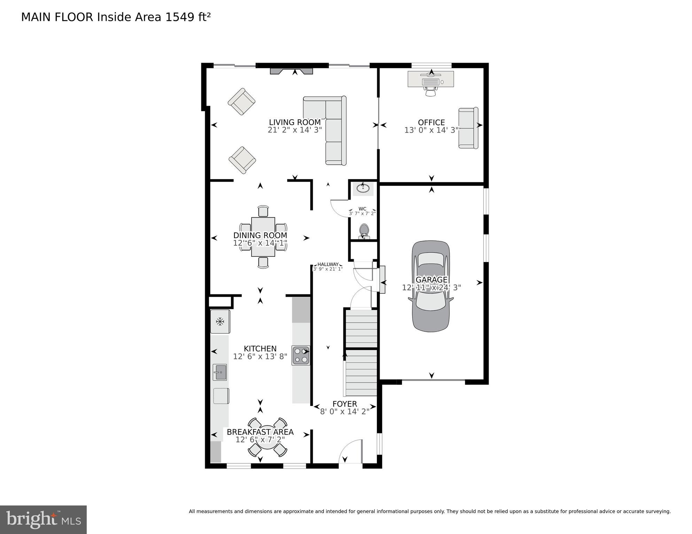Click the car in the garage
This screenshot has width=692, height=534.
(431, 286)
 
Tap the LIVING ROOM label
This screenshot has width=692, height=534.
(295, 122)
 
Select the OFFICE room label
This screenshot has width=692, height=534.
(431, 122)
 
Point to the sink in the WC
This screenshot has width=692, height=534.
(364, 188)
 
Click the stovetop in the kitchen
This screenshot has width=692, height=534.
(301, 355)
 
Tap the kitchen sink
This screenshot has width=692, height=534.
(220, 372)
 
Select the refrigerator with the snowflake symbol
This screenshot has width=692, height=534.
(220, 321)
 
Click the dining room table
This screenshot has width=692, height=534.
(263, 237)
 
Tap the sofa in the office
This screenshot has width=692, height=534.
(468, 128)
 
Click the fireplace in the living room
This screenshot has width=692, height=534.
(291, 71)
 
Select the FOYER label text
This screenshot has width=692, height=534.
(344, 404)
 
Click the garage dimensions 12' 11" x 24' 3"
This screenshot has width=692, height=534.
(431, 288)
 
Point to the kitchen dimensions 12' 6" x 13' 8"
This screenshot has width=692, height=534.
(260, 357)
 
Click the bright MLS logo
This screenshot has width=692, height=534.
(43, 520)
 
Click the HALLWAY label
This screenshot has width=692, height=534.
(328, 264)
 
